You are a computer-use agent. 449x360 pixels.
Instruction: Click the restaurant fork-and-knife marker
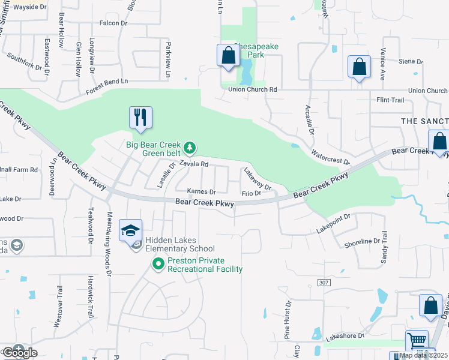click(x=140, y=117)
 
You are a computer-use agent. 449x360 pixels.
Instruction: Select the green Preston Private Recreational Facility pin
click(x=158, y=263)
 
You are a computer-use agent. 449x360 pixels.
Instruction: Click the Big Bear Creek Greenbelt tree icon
click(x=190, y=147)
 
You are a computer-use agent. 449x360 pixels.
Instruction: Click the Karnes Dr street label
click(x=201, y=192)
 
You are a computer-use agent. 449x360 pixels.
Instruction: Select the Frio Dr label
click(x=251, y=193)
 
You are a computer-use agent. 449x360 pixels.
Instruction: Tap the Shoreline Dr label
click(x=362, y=242)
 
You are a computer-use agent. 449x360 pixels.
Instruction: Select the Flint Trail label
click(x=390, y=100)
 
